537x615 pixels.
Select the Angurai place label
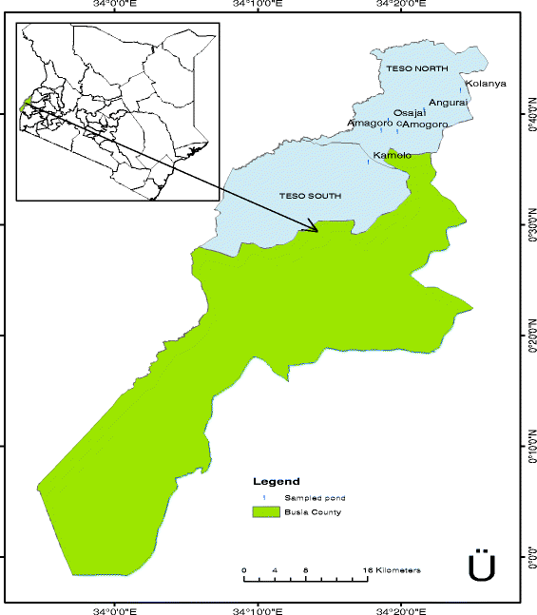point(448,103)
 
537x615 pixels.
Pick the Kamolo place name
point(393,155)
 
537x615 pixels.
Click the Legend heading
point(277,482)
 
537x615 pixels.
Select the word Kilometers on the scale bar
point(396,570)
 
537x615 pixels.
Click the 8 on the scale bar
point(305,570)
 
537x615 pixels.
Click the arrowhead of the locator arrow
point(315,228)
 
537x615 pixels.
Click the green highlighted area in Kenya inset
point(29,101)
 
